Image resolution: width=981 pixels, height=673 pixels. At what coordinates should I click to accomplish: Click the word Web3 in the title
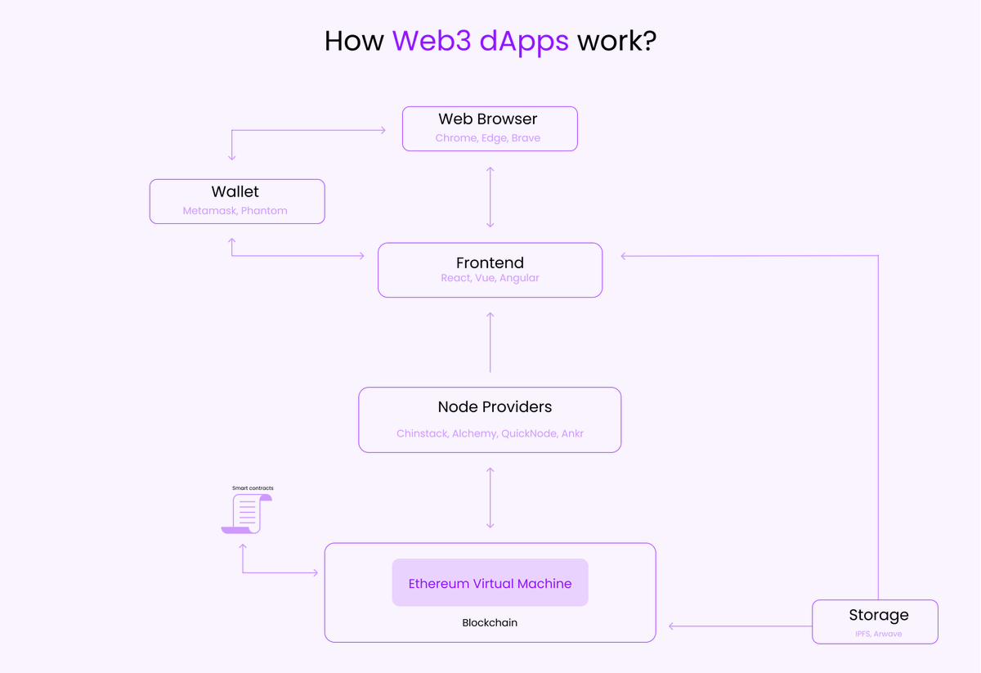tap(432, 41)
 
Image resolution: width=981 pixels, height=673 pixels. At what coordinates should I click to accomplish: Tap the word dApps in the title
tap(524, 41)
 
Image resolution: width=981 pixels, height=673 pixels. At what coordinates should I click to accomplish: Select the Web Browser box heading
tap(488, 119)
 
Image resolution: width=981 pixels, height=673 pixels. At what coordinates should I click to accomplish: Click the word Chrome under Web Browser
tap(455, 138)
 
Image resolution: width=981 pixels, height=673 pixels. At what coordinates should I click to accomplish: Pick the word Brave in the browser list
tap(526, 138)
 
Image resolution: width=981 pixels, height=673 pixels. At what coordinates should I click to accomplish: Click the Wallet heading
tap(235, 191)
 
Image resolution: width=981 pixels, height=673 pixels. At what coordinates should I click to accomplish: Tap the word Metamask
tap(209, 211)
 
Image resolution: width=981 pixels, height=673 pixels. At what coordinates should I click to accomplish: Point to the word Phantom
tap(264, 211)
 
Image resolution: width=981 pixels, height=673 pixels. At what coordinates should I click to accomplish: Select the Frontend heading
tap(490, 262)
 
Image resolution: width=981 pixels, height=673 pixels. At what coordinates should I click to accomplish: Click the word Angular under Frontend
tap(519, 278)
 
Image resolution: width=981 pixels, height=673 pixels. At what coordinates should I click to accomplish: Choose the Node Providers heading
tap(495, 406)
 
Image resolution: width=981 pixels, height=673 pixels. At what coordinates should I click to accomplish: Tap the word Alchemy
tap(474, 433)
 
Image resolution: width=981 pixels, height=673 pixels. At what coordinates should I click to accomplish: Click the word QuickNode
tap(528, 433)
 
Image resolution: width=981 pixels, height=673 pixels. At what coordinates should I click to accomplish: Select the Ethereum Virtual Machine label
tap(490, 583)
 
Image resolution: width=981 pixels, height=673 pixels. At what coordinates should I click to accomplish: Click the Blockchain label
tap(490, 623)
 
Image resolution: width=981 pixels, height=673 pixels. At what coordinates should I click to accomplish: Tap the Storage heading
tap(878, 615)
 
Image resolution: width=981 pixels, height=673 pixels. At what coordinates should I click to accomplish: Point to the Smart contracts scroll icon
tap(246, 514)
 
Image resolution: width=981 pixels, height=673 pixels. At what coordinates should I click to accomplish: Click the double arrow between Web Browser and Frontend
tap(490, 197)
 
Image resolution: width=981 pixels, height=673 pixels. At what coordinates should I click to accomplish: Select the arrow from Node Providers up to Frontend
tap(490, 342)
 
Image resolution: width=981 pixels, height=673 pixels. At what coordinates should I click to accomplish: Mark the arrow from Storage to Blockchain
tap(740, 626)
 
